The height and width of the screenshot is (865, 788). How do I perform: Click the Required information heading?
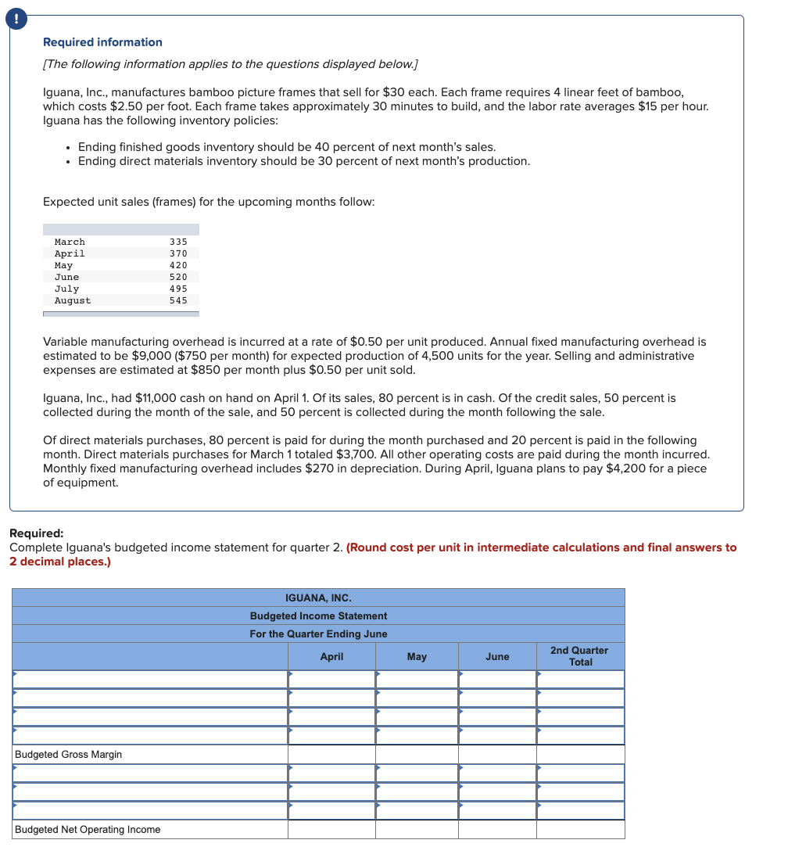[x=102, y=42]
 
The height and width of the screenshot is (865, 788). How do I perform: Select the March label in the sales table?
[x=70, y=242]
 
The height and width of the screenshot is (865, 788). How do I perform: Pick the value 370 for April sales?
[x=178, y=253]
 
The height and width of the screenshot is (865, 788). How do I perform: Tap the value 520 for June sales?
[x=178, y=277]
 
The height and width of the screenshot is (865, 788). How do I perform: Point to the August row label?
[x=72, y=300]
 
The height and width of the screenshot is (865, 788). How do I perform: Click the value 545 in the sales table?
[x=178, y=300]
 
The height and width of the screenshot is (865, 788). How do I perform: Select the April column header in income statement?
[x=331, y=657]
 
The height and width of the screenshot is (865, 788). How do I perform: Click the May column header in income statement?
[x=417, y=657]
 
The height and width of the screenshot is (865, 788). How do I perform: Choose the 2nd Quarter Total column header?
[x=579, y=656]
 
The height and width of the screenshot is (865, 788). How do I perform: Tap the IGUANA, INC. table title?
[x=318, y=598]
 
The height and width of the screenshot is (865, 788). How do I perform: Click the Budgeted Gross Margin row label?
[x=68, y=755]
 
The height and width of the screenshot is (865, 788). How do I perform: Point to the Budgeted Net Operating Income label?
[x=88, y=830]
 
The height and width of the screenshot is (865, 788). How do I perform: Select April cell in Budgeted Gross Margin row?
[x=331, y=755]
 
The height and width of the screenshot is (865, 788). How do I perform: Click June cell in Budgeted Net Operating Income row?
[x=497, y=830]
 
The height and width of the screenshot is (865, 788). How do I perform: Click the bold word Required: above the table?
[x=36, y=533]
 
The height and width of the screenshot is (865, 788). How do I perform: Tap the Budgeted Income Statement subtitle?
[x=318, y=616]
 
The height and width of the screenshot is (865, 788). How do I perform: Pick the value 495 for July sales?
[x=178, y=289]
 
